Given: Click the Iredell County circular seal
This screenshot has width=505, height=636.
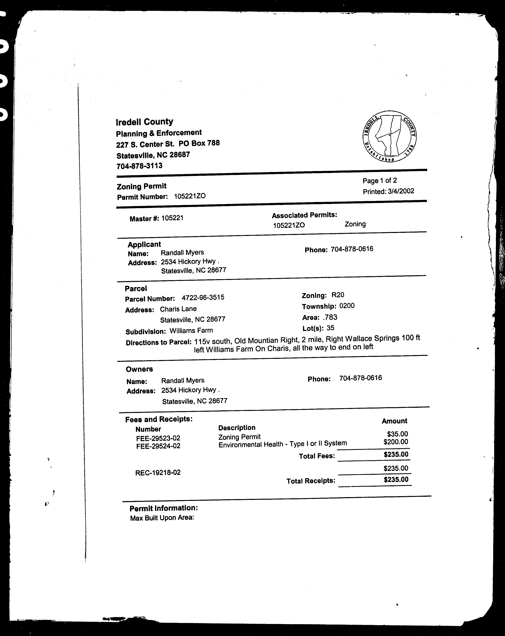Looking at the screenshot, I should click(389, 136).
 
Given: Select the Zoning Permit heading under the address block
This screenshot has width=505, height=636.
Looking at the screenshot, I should click(142, 186).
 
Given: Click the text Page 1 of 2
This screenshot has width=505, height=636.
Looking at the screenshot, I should click(380, 181).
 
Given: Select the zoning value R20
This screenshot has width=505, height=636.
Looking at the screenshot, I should click(338, 295).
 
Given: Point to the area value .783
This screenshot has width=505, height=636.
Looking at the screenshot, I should click(330, 317).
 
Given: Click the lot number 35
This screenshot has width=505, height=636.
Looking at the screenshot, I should click(330, 328).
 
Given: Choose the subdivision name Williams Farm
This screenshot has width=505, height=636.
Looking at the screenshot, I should click(191, 331).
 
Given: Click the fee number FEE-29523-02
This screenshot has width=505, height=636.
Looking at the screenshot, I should click(158, 438).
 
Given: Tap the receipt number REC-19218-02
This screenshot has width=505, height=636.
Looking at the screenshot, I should click(158, 473).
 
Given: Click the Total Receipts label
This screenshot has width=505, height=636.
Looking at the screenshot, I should click(311, 481).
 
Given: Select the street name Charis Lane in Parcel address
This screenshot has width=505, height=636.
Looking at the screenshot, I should click(178, 309).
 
